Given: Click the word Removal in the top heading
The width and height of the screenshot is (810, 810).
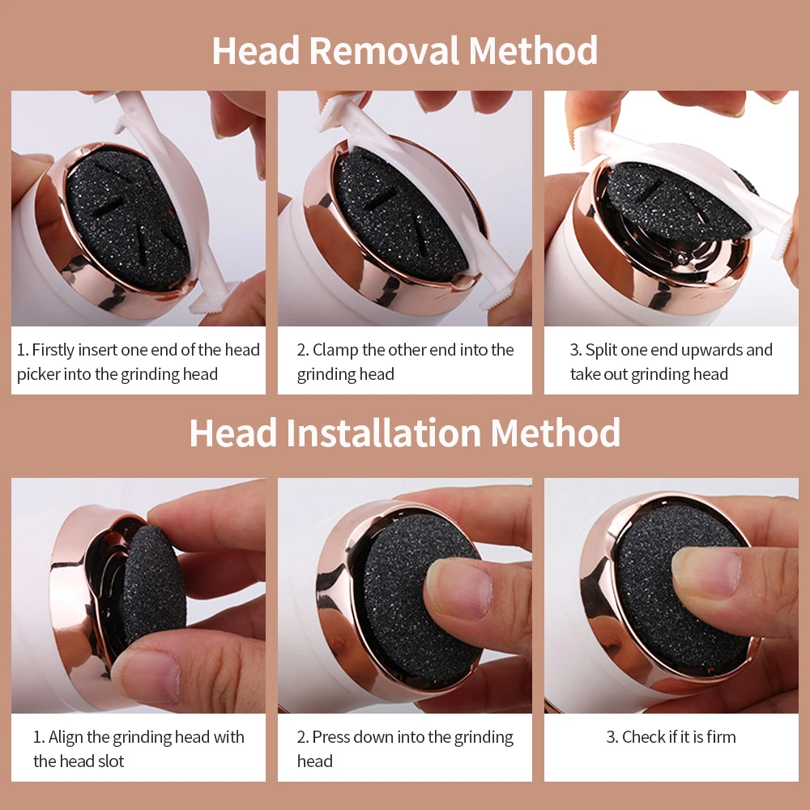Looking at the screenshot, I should [385, 50].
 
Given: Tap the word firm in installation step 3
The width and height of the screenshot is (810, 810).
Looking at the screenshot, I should [719, 737].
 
